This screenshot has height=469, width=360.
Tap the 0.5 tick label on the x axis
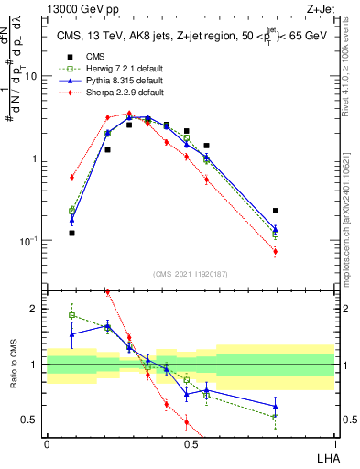[x=191, y=442]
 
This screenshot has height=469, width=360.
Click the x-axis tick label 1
[x=334, y=442]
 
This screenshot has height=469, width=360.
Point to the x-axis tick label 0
[x=47, y=442]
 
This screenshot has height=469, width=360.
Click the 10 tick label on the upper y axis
[x=30, y=76]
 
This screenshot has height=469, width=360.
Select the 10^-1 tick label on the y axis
[x=28, y=241]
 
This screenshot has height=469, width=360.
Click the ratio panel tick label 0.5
[x=32, y=420]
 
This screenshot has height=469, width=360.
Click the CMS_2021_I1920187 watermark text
[x=191, y=273]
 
